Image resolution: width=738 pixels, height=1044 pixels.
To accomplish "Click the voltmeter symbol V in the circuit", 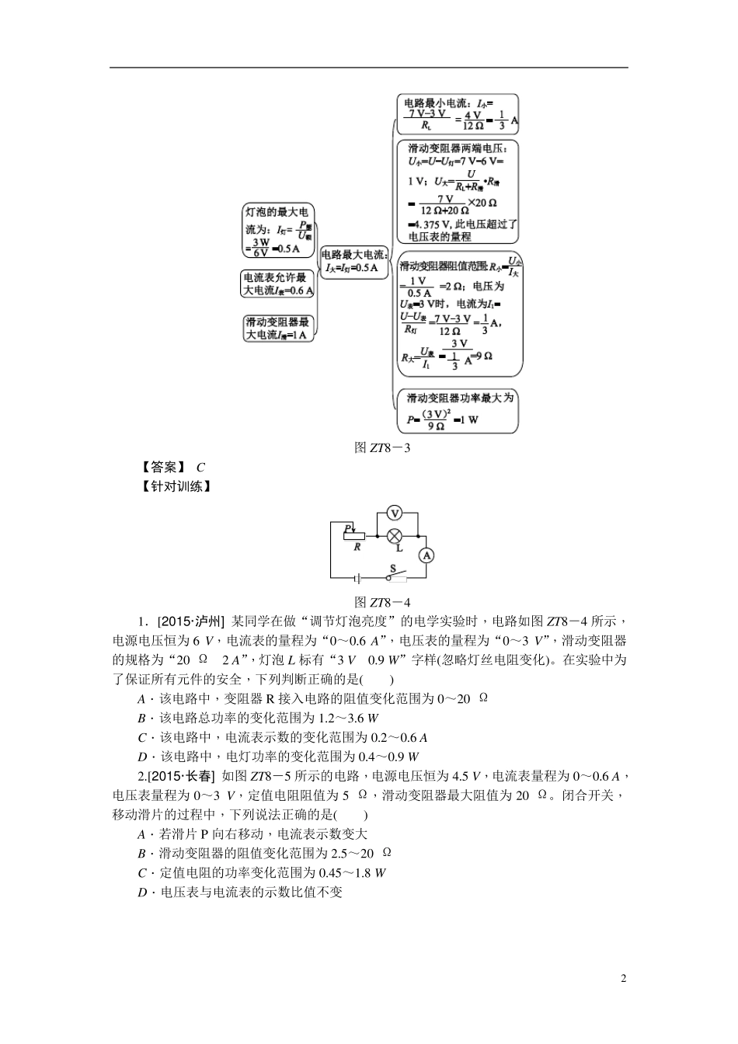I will [395, 513].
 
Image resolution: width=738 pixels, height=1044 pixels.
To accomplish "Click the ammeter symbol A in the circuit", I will [426, 555].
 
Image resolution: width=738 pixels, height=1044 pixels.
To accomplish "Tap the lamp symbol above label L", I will [395, 534].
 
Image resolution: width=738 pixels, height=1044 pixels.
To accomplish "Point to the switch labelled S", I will [396, 575].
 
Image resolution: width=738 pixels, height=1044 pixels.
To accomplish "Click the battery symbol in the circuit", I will [357, 578].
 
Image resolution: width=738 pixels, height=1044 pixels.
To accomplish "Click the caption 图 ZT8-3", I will [381, 447].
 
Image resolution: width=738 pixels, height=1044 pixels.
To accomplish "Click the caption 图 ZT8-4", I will [381, 602].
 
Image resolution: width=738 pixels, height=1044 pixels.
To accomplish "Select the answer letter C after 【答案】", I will [200, 468].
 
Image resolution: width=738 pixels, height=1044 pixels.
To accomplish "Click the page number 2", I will [623, 978].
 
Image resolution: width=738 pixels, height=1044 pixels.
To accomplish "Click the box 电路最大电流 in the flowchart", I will [354, 261].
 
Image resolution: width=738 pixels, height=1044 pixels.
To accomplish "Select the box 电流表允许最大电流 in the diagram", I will [277, 284].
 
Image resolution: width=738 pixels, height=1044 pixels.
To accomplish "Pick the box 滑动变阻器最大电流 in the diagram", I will [278, 329].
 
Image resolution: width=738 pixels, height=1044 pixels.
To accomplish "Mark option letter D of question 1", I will [142, 757].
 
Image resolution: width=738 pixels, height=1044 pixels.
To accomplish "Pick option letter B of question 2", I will [142, 854].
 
